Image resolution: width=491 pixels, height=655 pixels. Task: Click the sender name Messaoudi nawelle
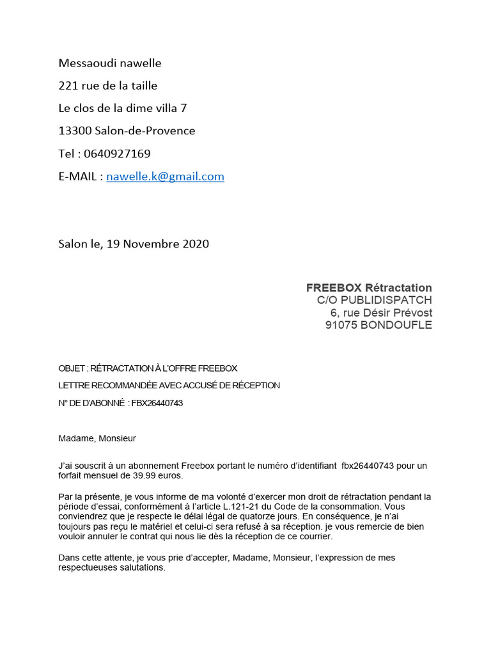coord(110,63)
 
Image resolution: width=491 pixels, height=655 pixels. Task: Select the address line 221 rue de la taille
coord(107,86)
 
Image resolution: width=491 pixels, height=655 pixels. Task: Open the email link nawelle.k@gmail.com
coord(165,177)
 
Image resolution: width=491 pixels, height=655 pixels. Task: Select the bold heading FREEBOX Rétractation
coord(369,288)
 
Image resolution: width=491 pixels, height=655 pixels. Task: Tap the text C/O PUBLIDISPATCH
coord(374,300)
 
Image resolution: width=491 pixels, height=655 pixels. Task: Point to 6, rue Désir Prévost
coord(381,313)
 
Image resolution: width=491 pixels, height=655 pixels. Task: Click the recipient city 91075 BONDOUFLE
coord(378,325)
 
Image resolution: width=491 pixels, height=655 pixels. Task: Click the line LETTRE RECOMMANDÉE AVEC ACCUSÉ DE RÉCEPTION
coord(169,385)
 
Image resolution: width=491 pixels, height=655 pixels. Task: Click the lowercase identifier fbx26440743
coord(369,466)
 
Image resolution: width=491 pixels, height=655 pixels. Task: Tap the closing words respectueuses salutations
coord(112,567)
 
